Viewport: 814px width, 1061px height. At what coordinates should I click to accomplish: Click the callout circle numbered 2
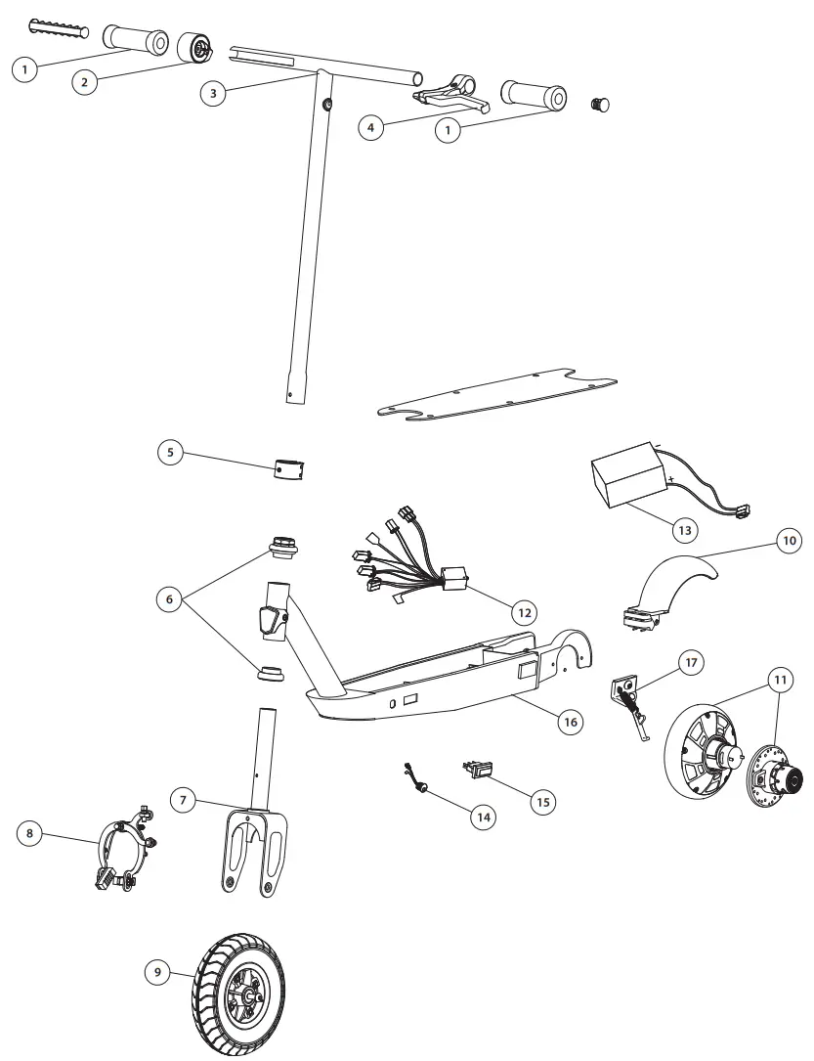[x=85, y=81]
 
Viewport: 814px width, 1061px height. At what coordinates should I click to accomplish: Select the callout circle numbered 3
[x=214, y=93]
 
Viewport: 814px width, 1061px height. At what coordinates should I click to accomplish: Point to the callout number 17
[x=690, y=663]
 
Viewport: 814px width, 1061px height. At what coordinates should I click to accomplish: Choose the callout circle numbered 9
[x=156, y=972]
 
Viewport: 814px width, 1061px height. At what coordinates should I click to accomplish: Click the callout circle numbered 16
[x=570, y=722]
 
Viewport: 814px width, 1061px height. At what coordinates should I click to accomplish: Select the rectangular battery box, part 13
[x=628, y=482]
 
